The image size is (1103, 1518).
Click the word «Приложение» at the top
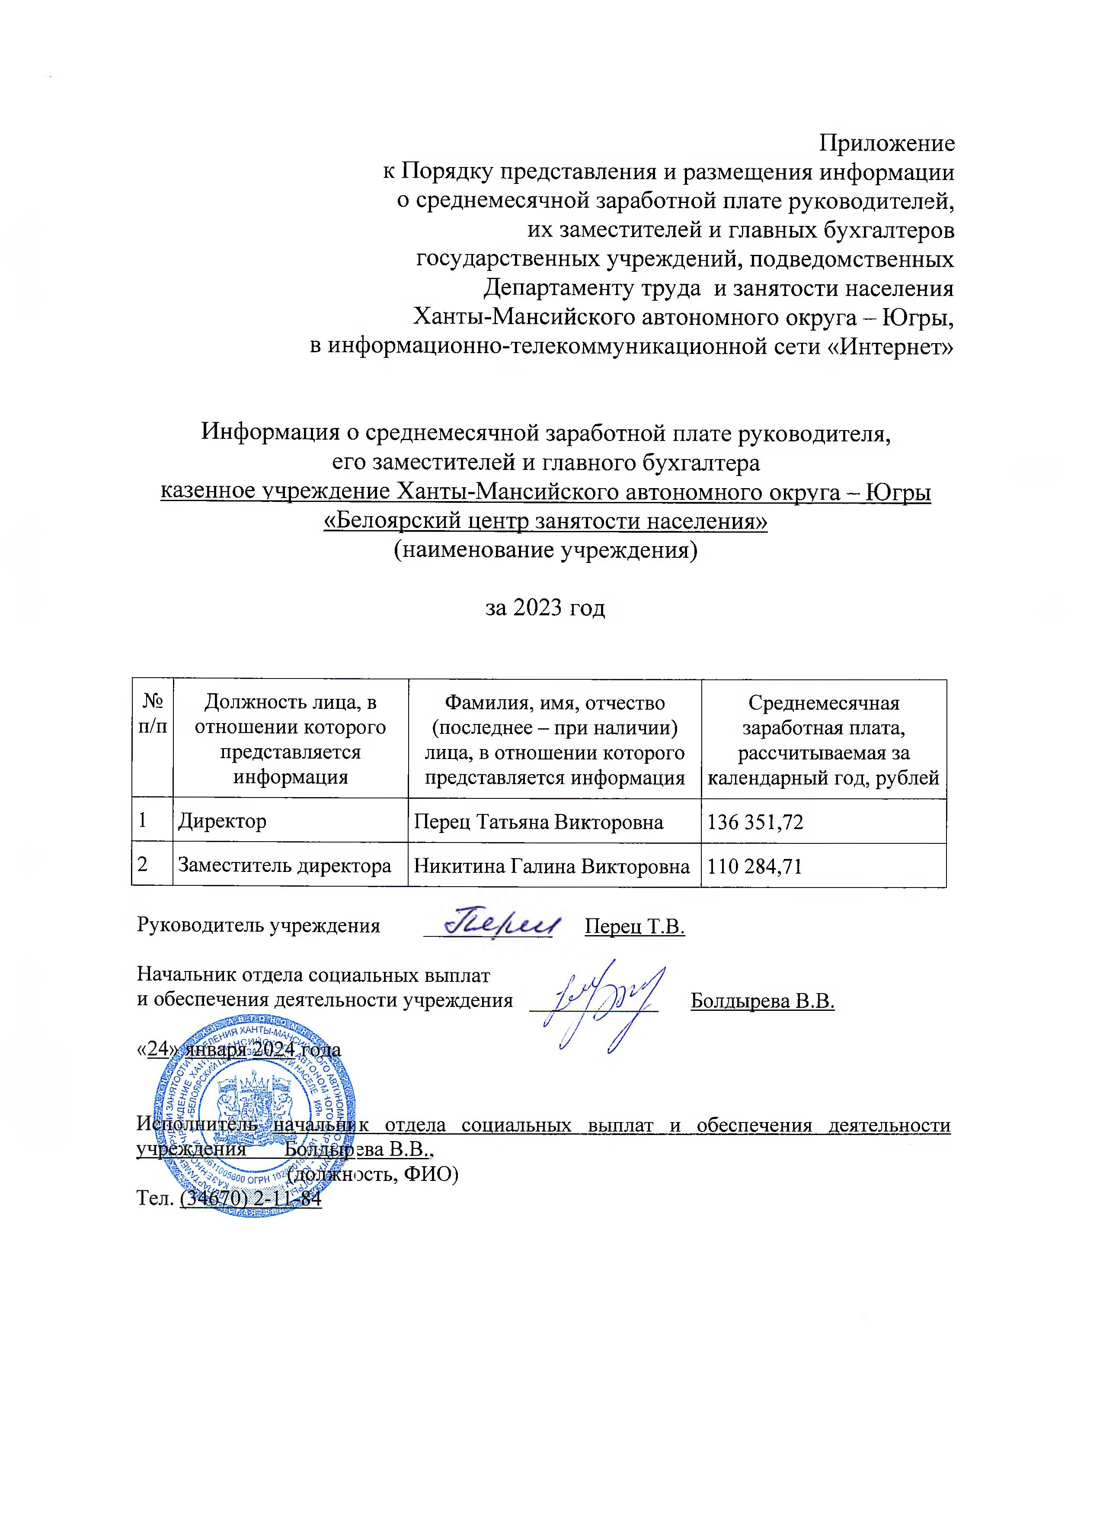click(x=887, y=143)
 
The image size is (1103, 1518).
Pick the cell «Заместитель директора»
click(x=284, y=866)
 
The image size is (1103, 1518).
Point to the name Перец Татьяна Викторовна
click(x=538, y=821)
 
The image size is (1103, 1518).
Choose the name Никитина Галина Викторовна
click(x=552, y=866)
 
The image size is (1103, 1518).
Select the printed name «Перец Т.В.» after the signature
click(x=634, y=926)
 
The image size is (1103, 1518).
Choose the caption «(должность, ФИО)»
click(x=373, y=1173)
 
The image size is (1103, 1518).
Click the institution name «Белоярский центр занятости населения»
click(x=545, y=521)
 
